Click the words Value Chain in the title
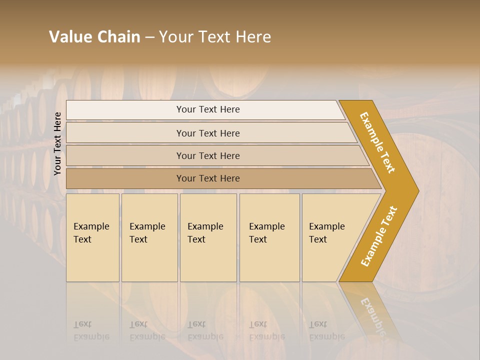(94, 37)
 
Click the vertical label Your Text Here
(57, 143)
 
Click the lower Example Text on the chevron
(378, 236)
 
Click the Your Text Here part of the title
(215, 37)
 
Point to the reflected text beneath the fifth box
(326, 330)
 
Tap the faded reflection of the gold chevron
(370, 312)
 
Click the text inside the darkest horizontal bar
(208, 178)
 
